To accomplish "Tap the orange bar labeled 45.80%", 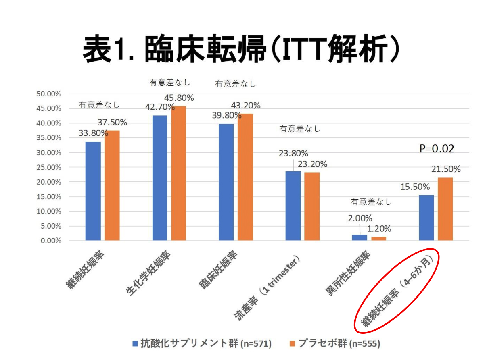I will tap(179, 173).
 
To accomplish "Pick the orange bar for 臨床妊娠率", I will tap(245, 177).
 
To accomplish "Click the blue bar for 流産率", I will tap(293, 206).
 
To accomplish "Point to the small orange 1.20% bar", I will tap(378, 239).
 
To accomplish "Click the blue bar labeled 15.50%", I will tap(426, 218).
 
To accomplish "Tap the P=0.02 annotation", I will tap(437, 149).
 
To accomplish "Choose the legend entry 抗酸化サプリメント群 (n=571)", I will tap(202, 343).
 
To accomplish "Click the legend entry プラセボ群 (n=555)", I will tap(335, 343).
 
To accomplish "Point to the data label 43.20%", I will tap(245, 106).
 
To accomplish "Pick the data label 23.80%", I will tap(293, 153).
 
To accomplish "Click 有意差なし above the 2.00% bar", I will tap(371, 202).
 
